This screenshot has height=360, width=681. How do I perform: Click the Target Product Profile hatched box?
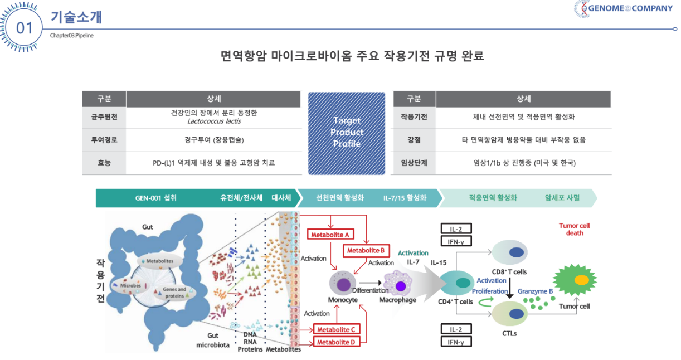347,133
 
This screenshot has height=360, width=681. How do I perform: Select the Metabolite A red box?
330,234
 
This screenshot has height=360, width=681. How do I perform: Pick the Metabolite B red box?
366,251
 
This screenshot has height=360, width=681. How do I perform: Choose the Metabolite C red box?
336,329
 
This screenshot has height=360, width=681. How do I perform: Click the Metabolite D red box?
336,342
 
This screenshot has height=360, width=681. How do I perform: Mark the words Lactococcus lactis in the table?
214,121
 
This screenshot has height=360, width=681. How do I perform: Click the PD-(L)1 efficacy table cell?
214,163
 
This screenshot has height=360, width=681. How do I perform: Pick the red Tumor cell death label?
574,230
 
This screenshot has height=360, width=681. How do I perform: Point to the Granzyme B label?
535,291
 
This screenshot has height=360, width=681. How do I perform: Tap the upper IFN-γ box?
456,241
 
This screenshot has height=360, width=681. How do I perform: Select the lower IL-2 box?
456,329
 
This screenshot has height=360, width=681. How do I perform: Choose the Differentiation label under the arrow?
371,291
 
